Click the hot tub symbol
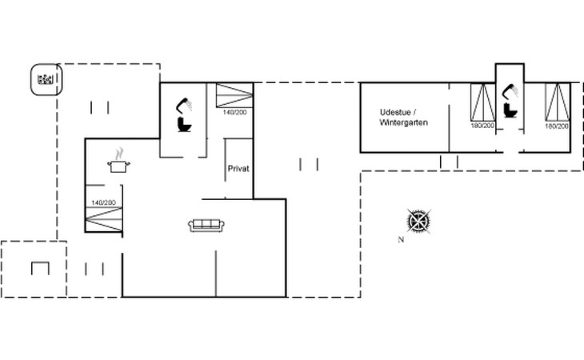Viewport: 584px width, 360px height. pyautogui.click(x=46, y=79)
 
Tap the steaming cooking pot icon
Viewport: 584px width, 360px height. pyautogui.click(x=119, y=161)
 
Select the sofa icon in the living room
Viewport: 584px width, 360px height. pyautogui.click(x=206, y=226)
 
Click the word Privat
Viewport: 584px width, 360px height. pyautogui.click(x=238, y=169)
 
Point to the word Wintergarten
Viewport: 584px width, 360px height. pyautogui.click(x=404, y=122)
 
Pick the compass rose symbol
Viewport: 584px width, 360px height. pyautogui.click(x=419, y=222)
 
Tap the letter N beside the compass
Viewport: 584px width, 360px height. pyautogui.click(x=401, y=240)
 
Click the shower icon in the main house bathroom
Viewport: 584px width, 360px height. pyautogui.click(x=184, y=105)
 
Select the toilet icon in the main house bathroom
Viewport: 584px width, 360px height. pyautogui.click(x=185, y=124)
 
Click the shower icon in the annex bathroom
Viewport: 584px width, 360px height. pyautogui.click(x=510, y=91)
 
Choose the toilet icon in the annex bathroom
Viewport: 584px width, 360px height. pyautogui.click(x=510, y=110)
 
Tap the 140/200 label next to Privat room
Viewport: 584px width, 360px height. pyautogui.click(x=234, y=112)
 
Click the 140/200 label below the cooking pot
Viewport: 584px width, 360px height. pyautogui.click(x=103, y=202)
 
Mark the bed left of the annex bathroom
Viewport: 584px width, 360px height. pyautogui.click(x=482, y=102)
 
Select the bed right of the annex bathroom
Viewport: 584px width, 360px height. pyautogui.click(x=558, y=102)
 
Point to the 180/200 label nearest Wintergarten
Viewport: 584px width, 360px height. pyautogui.click(x=482, y=126)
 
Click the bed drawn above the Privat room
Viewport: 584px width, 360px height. pyautogui.click(x=234, y=95)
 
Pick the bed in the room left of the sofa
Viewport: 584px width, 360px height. pyautogui.click(x=104, y=219)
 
